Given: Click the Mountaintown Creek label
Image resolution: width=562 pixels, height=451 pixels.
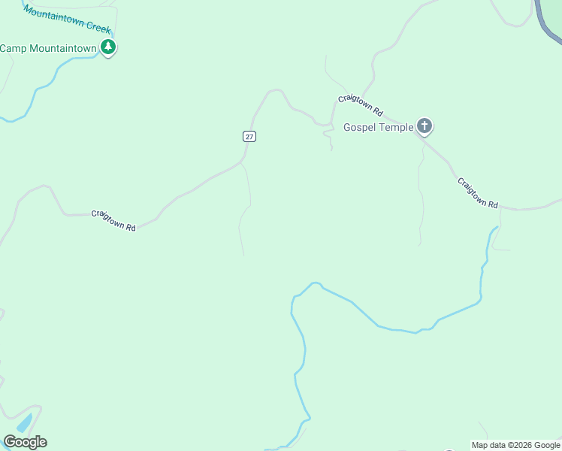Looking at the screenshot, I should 67,19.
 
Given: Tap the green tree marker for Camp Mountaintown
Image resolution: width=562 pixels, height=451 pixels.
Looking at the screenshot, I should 109,48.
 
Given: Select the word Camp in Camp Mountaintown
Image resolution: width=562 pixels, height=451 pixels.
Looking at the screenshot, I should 13,48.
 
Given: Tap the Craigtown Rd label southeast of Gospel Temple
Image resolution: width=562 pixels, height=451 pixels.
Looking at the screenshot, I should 478,193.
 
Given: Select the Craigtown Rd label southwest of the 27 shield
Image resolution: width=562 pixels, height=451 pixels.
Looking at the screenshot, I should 113,220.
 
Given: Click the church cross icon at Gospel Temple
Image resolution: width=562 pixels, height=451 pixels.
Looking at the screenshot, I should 425,126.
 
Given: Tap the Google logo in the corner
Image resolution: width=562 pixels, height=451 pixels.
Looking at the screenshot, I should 25,442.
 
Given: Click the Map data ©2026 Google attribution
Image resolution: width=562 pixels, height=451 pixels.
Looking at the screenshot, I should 515,445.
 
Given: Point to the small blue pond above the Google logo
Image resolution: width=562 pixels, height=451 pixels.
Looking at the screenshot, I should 23,422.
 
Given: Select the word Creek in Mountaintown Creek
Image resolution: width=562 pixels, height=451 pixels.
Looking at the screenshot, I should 98,27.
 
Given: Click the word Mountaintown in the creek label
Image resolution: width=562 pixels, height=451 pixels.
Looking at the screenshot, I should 54,15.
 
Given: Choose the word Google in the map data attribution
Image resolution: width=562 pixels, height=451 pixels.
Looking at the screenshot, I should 547,445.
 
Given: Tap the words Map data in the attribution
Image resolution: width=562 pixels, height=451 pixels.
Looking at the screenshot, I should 489,445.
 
